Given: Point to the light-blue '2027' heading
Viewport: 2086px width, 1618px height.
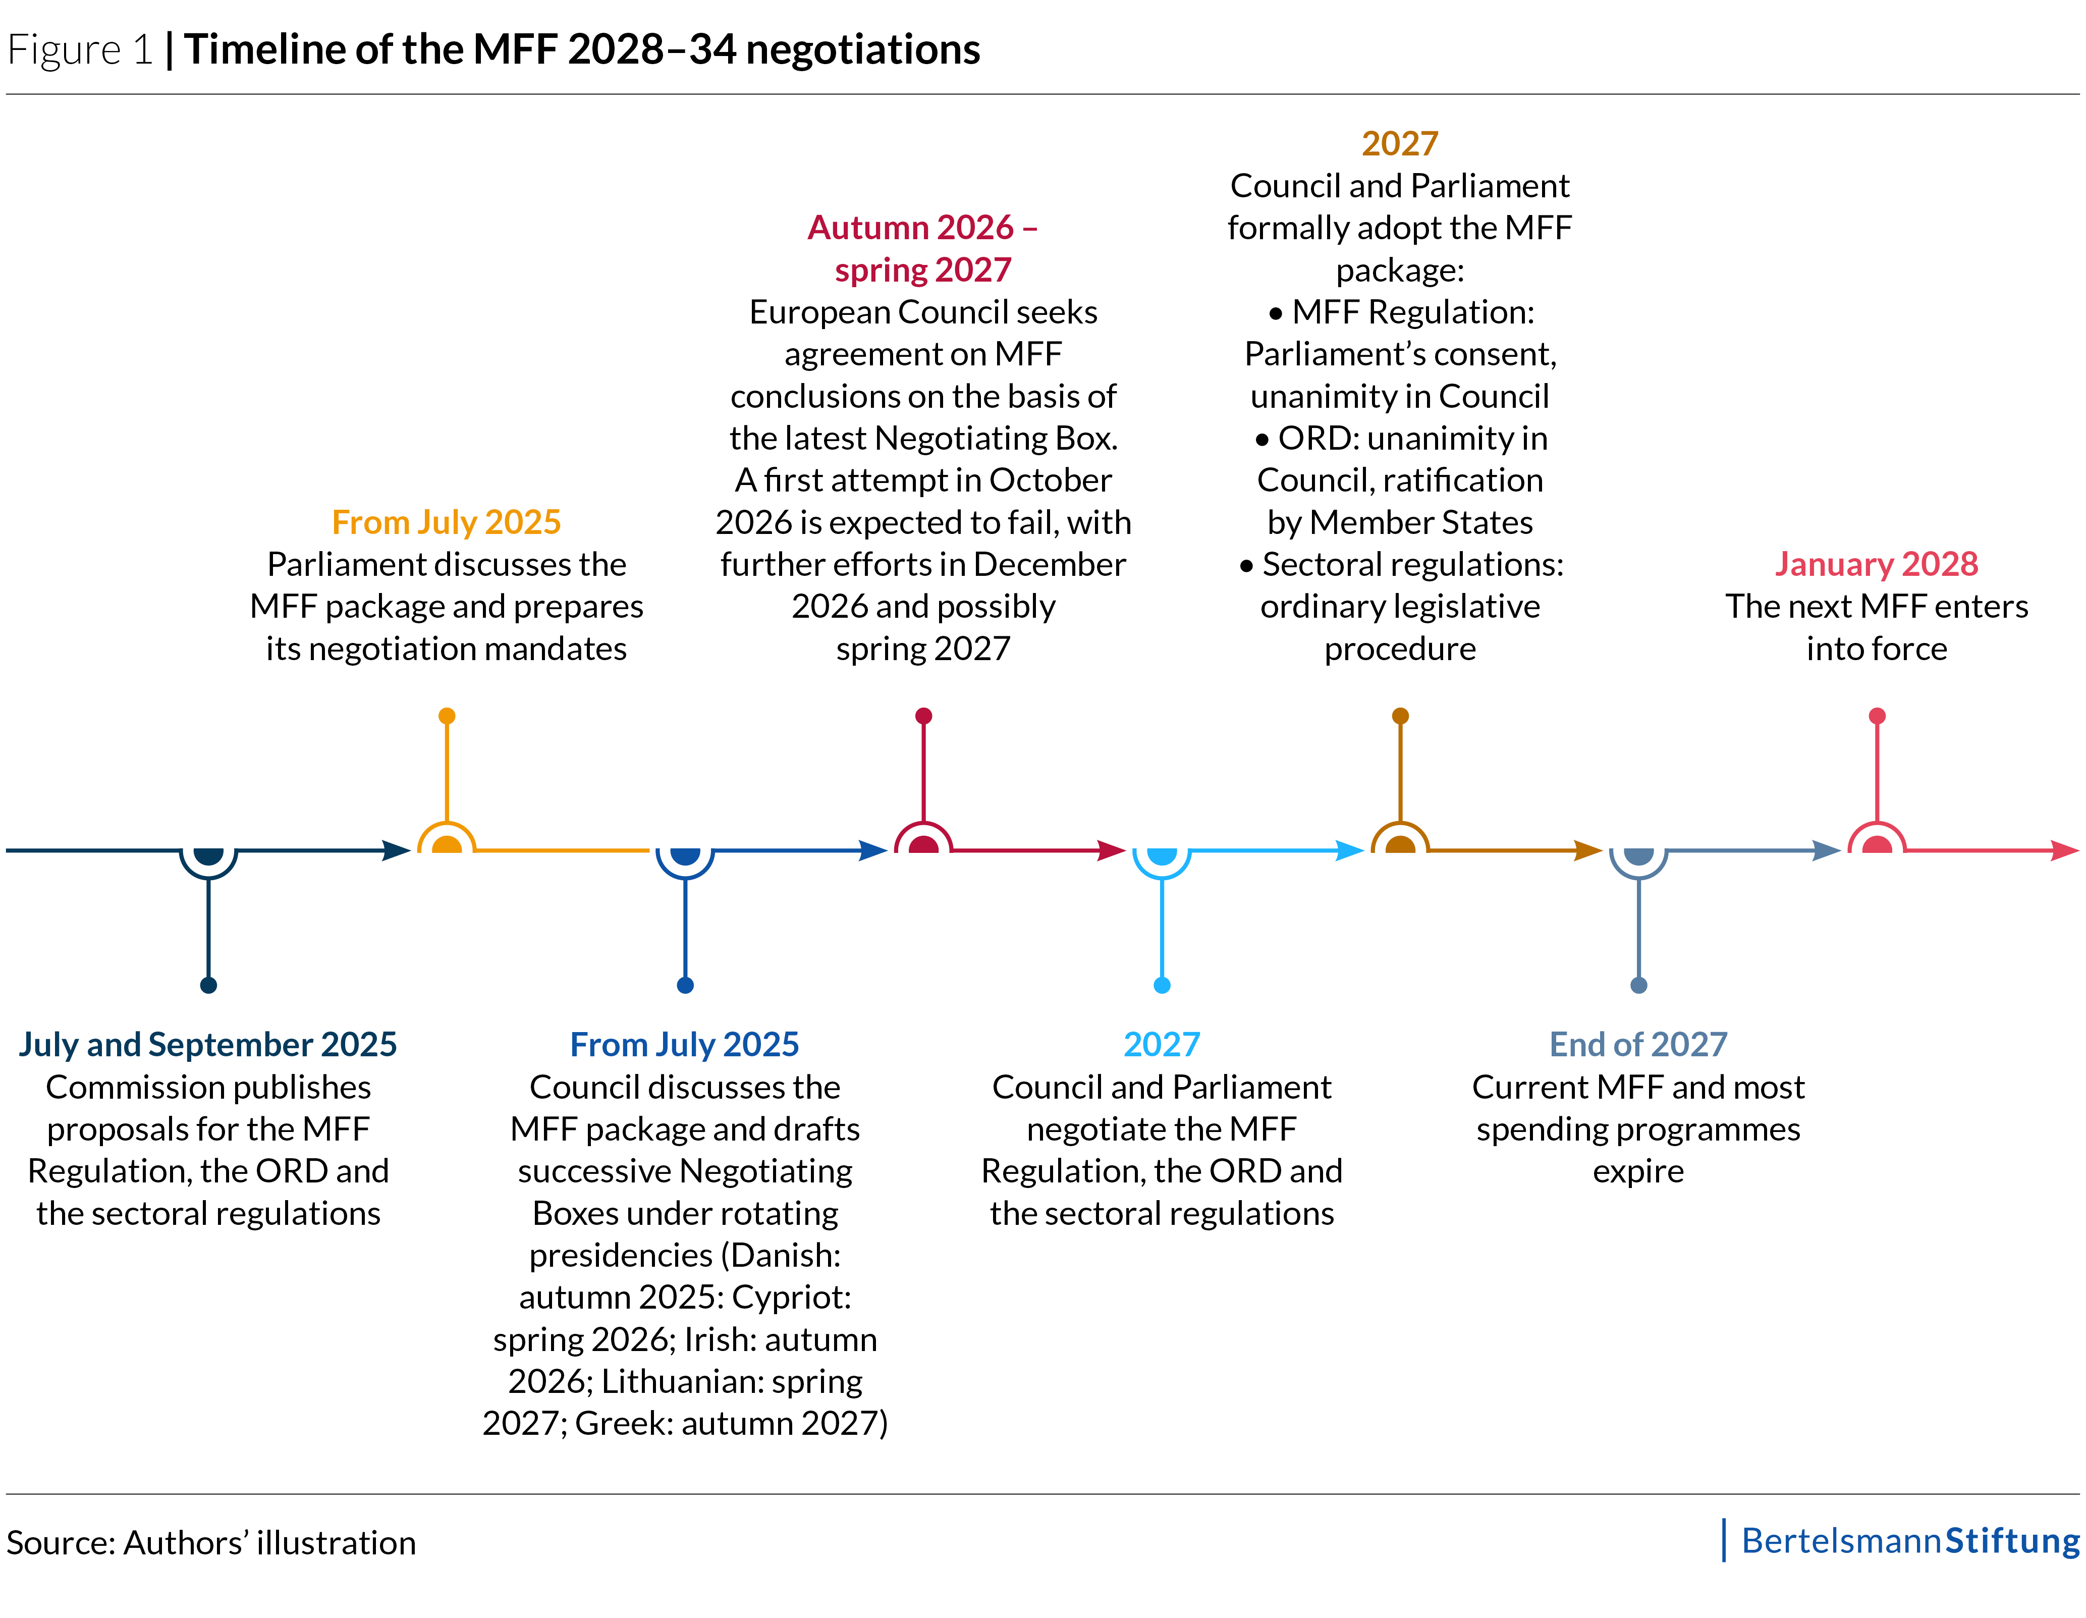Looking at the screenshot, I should pyautogui.click(x=1162, y=1044).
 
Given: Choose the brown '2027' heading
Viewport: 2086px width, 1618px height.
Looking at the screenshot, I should pyautogui.click(x=1399, y=143).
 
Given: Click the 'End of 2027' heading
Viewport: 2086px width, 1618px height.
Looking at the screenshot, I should pyautogui.click(x=1638, y=1044).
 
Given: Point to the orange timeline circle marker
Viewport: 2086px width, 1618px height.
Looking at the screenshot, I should pyautogui.click(x=446, y=844).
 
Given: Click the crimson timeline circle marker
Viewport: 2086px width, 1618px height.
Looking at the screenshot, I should pyautogui.click(x=922, y=844).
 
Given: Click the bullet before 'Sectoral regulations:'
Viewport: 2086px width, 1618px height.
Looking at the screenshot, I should pyautogui.click(x=1246, y=565).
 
